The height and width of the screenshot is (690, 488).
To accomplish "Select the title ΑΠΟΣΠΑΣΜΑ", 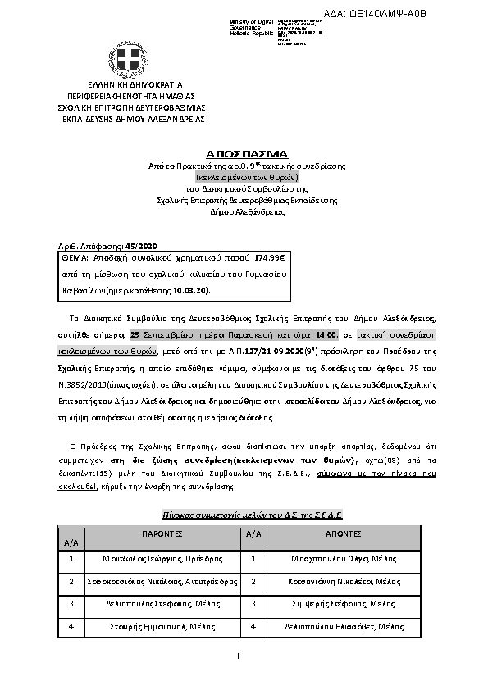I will pyautogui.click(x=247, y=153).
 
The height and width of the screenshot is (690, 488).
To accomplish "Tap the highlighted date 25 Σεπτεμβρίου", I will pyautogui.click(x=160, y=335).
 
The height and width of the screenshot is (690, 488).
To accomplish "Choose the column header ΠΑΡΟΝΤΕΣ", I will pyautogui.click(x=162, y=533).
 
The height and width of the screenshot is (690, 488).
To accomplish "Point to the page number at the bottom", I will pyautogui.click(x=236, y=656).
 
